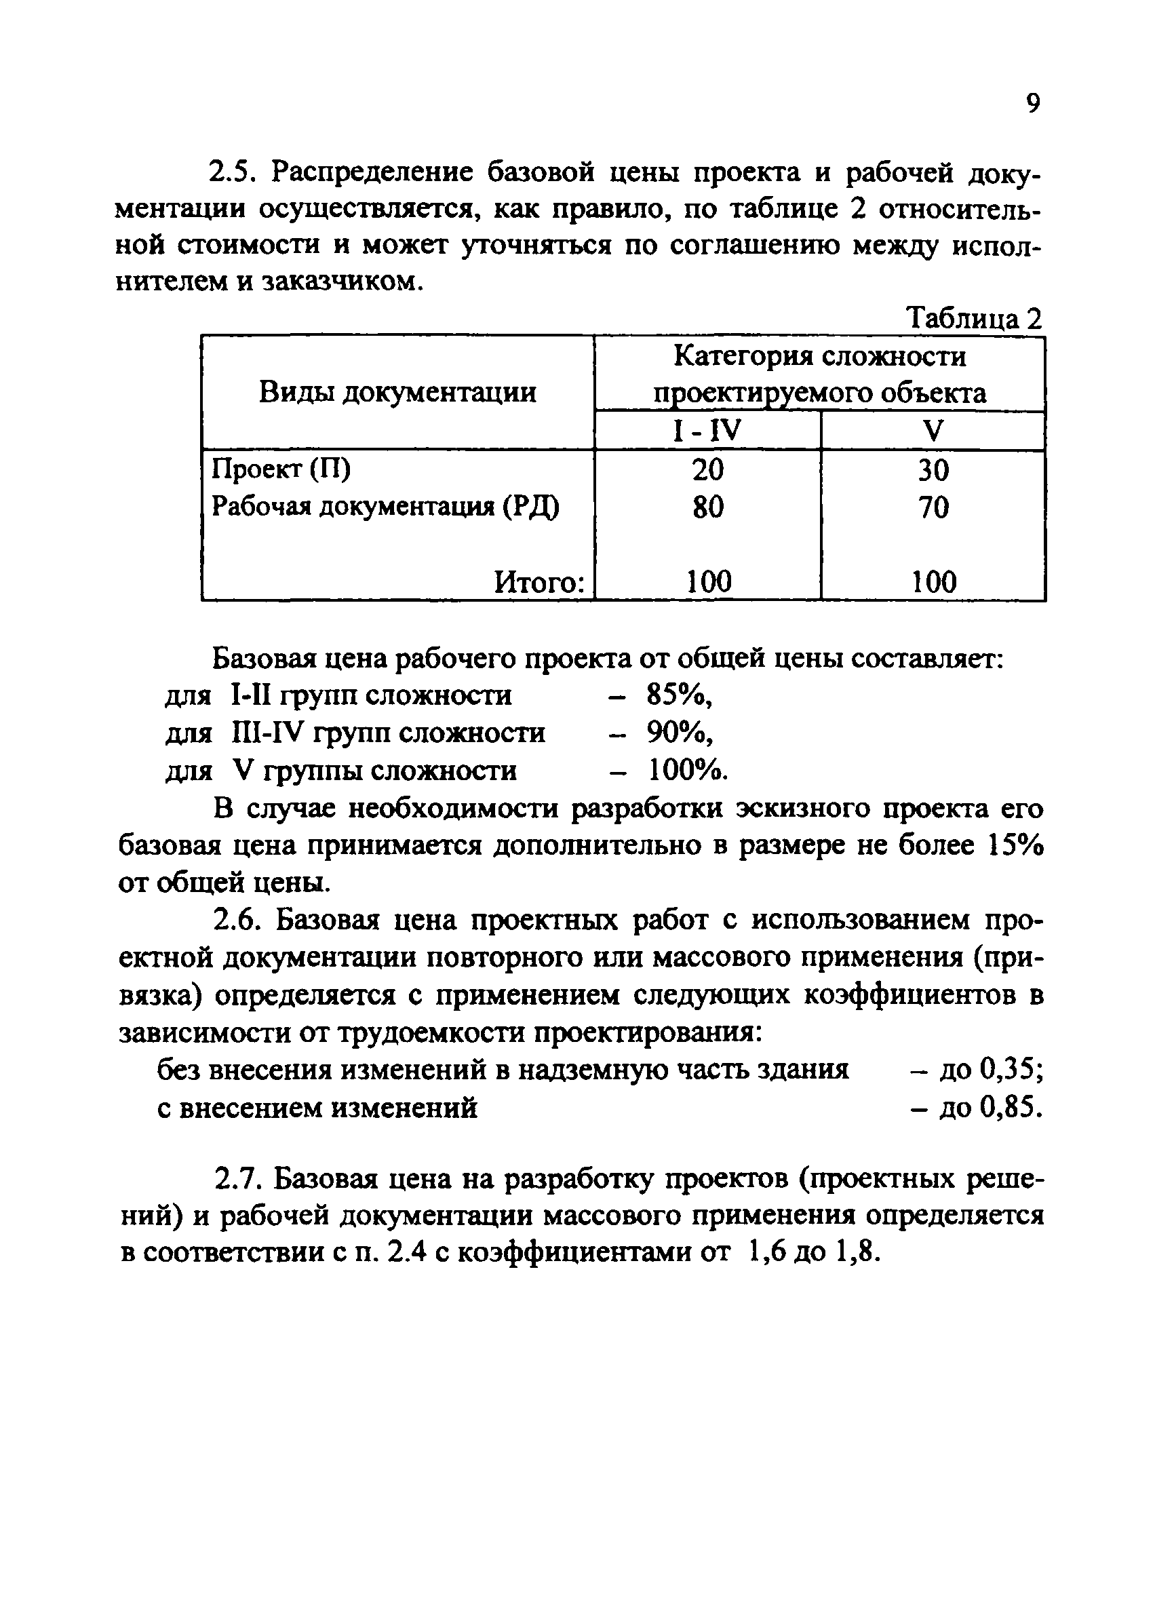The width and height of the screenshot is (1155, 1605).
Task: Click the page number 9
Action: tap(1032, 104)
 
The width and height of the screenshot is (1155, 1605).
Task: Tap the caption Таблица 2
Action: tap(975, 319)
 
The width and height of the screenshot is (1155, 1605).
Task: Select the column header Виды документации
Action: tap(397, 392)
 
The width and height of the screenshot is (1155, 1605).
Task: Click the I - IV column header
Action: tap(706, 430)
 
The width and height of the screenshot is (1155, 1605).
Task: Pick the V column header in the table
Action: tap(933, 430)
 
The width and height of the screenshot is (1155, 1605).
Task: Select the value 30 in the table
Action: tap(933, 470)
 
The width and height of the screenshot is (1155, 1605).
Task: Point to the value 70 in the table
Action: tap(933, 507)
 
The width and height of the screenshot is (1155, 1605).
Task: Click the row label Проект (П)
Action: tap(281, 469)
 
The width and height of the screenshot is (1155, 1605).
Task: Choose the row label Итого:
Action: tap(540, 583)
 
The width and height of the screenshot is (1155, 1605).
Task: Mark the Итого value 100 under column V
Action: tap(933, 583)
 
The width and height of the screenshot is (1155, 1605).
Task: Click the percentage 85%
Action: tap(678, 695)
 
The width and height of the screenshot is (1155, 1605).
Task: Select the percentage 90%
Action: tap(678, 733)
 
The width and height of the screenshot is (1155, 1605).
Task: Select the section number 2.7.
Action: tap(237, 1179)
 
